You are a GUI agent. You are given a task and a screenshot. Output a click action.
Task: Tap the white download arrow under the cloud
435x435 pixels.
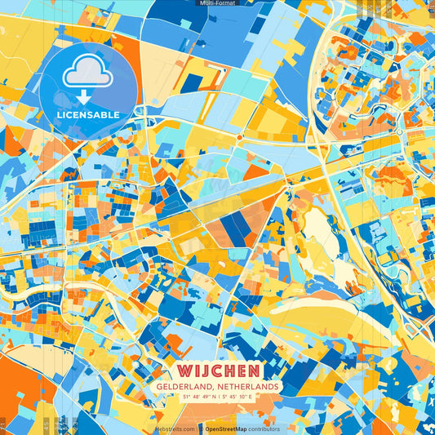coord(88,98)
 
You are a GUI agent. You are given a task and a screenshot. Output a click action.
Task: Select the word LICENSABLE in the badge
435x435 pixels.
coord(88,115)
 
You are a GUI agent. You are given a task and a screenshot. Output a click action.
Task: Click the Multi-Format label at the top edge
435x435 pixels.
coord(217,3)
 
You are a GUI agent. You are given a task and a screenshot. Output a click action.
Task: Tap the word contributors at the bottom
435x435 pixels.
coord(264,428)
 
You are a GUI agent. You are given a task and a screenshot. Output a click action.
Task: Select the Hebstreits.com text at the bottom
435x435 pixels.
coord(175,428)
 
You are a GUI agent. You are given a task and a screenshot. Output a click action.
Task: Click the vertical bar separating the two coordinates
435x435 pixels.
coord(218,397)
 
